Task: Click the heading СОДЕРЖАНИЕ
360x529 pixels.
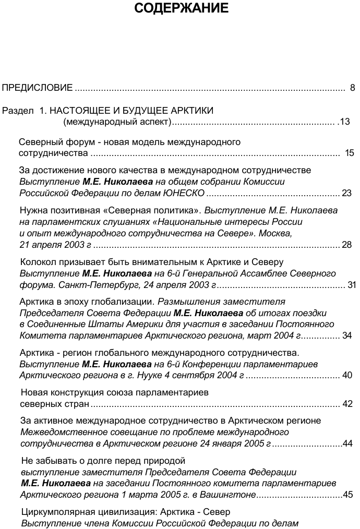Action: click(x=181, y=8)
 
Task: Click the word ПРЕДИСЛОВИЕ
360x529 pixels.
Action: click(x=37, y=87)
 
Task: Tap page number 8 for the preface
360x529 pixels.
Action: click(x=353, y=87)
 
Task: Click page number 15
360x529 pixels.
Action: click(x=350, y=153)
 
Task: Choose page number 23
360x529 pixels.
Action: click(x=347, y=193)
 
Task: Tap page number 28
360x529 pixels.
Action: click(x=347, y=245)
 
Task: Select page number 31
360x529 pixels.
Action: click(x=352, y=285)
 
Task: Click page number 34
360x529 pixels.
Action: click(x=347, y=336)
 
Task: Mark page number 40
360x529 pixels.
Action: click(x=347, y=376)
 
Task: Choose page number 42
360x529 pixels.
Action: click(x=347, y=404)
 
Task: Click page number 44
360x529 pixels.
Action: click(x=348, y=444)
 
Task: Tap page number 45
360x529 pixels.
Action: click(x=348, y=495)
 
